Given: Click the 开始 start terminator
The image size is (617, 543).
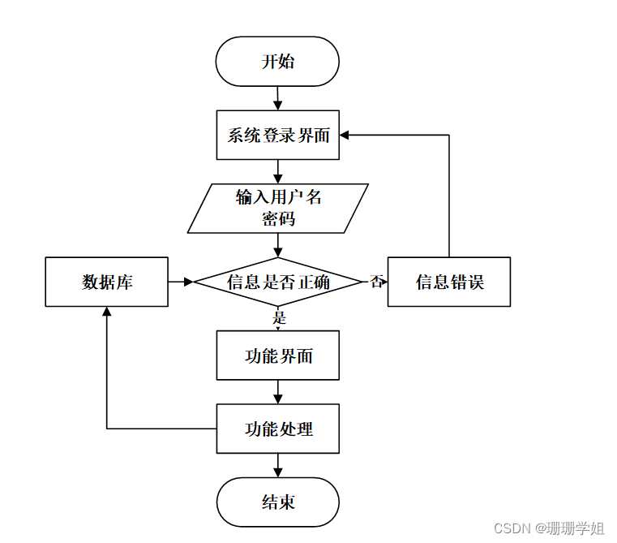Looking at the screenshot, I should (277, 62).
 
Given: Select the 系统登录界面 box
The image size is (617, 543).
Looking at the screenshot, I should (277, 136).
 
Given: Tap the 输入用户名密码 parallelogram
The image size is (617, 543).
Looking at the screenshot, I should (277, 208).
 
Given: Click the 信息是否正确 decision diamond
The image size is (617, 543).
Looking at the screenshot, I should (277, 282).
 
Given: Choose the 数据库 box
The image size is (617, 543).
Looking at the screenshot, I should (106, 282).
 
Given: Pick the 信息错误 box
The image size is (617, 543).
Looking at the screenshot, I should (448, 282).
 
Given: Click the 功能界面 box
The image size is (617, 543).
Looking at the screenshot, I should (277, 356).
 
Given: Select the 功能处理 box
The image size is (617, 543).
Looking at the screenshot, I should (277, 429).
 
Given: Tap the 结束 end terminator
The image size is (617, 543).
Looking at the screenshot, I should (277, 502).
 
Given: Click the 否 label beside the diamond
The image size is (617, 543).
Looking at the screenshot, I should (376, 282).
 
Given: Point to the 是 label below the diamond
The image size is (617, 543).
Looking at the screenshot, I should (280, 317).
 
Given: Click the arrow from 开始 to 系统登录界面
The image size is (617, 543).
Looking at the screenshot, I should (277, 98).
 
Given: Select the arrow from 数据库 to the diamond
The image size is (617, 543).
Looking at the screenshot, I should (181, 282).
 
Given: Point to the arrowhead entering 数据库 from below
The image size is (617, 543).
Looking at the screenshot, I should (106, 312).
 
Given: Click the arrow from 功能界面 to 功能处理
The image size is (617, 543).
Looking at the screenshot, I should (277, 392).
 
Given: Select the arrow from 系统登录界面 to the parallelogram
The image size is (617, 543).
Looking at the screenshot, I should (277, 171).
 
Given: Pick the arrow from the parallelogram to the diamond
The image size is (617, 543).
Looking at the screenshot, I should (277, 244).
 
